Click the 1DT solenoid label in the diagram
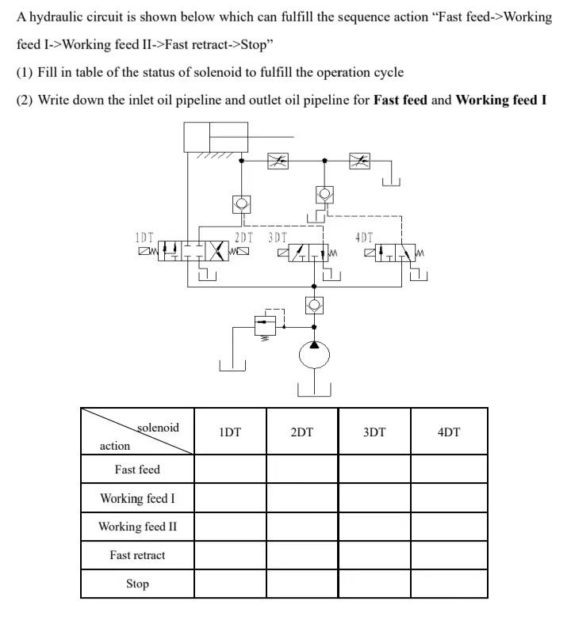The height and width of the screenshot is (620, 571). click(144, 237)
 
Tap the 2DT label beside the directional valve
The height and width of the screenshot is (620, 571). click(243, 237)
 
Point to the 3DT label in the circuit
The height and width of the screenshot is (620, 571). click(278, 237)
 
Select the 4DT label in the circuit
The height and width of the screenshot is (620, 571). click(363, 237)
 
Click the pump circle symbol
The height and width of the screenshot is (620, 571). click(314, 356)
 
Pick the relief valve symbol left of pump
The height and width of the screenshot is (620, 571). click(264, 325)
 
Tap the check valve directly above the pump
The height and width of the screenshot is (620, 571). click(314, 304)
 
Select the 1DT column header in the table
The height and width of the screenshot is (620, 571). click(229, 432)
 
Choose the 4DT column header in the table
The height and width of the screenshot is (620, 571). click(449, 432)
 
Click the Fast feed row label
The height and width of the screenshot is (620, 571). click(137, 470)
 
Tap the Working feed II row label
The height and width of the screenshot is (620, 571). click(137, 527)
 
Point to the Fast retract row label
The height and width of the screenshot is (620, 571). click(137, 555)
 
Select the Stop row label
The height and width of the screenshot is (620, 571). click(137, 584)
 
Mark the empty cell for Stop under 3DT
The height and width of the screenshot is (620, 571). click(374, 584)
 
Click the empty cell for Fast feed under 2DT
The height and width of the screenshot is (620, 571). click(301, 470)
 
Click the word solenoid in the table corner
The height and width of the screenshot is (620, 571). click(158, 428)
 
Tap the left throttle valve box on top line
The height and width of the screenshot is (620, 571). click(278, 161)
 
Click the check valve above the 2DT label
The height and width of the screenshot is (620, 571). click(241, 204)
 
